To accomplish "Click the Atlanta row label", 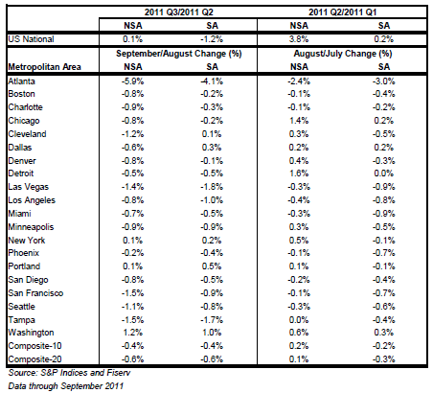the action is coord(21,81).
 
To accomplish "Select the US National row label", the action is coord(31,39).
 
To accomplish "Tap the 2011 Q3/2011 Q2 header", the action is coord(178,12).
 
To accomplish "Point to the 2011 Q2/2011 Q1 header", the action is coord(342,12).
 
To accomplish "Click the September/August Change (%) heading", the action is coord(179,54).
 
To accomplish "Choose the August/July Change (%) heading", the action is coord(343,54).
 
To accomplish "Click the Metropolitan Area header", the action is coord(44,67).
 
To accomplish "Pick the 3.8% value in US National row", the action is coord(299,39).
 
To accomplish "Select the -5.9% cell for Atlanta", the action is coord(132,81).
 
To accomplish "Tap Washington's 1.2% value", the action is coord(133,333).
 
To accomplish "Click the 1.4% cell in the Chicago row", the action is coord(299,121).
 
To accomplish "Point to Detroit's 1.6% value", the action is coord(299,173).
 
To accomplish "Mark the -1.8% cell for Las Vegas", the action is coord(212,187).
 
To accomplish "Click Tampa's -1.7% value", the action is coord(212,320).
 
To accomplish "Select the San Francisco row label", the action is coord(35,293).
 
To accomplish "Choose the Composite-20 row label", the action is coord(34,359).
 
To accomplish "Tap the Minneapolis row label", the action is coord(31,227).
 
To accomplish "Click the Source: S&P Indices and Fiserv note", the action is coord(69,373).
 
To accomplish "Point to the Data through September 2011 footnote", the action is coord(66,385).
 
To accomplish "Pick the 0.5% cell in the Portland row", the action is coord(212,266).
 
